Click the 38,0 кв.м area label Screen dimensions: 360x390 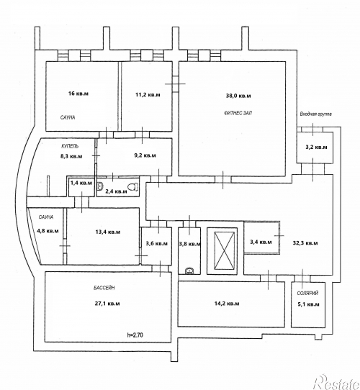(x=238, y=96)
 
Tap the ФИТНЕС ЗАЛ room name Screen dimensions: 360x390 (x=238, y=113)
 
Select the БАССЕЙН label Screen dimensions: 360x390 (x=104, y=288)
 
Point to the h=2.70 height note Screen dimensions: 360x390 (x=135, y=335)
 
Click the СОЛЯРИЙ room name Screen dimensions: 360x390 (x=307, y=294)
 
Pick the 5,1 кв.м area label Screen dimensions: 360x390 (x=308, y=304)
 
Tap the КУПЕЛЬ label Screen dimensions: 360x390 (x=70, y=146)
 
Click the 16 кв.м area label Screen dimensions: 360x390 (x=78, y=94)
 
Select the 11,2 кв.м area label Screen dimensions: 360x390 (x=148, y=95)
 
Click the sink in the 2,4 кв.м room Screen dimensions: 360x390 (x=100, y=186)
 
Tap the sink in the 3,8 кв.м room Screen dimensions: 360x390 (x=189, y=271)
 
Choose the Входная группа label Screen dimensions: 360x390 (x=315, y=114)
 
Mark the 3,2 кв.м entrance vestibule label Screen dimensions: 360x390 (x=316, y=148)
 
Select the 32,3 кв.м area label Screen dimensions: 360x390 (x=305, y=243)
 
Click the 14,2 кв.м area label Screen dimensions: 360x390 (x=227, y=304)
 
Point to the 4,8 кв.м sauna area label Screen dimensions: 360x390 (x=48, y=231)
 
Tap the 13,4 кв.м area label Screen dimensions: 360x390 (x=108, y=232)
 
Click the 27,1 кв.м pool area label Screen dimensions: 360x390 (x=107, y=304)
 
